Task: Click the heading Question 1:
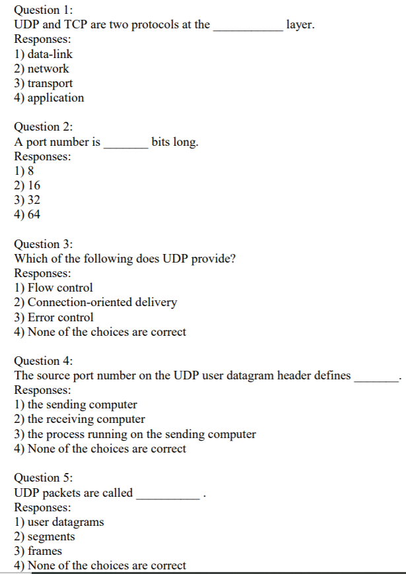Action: (x=44, y=10)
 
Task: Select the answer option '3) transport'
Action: (x=44, y=83)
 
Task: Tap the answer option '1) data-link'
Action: (x=44, y=54)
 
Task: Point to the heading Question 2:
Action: (x=44, y=127)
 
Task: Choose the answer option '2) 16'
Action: (x=27, y=185)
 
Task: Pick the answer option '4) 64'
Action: (x=27, y=214)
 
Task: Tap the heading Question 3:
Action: (x=44, y=243)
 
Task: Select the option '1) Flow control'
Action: (x=53, y=288)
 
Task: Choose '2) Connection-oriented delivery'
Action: (x=96, y=302)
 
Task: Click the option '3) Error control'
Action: (x=54, y=317)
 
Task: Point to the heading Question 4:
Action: (x=44, y=360)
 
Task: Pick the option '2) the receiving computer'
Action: (x=79, y=419)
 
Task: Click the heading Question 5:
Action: (x=44, y=478)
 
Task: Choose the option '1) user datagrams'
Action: (x=59, y=522)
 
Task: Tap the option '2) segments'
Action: (x=45, y=536)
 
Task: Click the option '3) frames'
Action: (x=38, y=551)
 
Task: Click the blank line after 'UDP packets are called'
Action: (x=167, y=497)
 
